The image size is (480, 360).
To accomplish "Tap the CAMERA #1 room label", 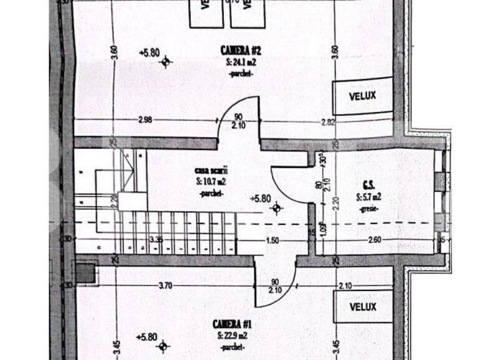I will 232,324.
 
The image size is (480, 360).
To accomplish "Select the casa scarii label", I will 212,169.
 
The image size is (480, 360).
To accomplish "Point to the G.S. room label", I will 368,185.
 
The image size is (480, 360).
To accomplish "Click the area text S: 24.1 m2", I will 240,62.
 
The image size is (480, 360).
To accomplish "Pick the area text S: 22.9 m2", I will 232,336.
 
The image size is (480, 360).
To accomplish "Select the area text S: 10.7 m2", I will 212,181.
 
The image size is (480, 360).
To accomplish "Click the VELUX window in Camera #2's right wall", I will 363,97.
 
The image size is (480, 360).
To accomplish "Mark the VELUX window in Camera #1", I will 363,307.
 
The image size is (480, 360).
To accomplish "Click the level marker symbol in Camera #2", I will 165,60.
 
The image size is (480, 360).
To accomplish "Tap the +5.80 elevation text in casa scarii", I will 261,199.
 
